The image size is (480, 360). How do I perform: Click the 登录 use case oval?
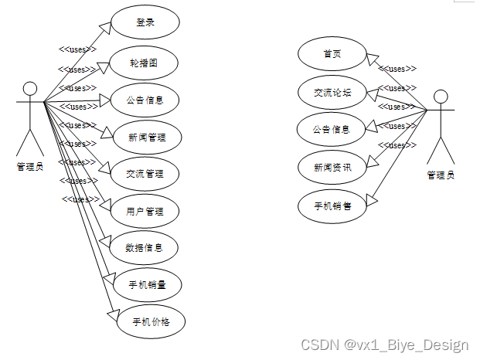[x=145, y=22]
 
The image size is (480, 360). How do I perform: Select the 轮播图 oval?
[x=145, y=63]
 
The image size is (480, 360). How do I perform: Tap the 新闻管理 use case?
[x=145, y=137]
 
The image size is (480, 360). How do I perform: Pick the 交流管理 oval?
[x=145, y=174]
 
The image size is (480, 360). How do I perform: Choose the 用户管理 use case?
[x=145, y=211]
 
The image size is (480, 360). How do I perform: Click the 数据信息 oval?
[x=145, y=248]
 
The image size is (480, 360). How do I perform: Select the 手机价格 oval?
[x=150, y=321]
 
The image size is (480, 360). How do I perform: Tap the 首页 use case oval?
[x=332, y=53]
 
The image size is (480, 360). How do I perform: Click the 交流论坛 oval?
[x=332, y=92]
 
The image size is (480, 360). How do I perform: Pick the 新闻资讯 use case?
[x=332, y=167]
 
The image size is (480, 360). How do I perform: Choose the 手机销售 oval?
[x=332, y=205]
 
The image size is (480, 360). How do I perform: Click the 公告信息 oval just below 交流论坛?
[x=332, y=129]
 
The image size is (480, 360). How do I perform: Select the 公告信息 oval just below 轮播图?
[x=145, y=100]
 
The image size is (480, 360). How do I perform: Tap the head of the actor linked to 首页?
[x=441, y=97]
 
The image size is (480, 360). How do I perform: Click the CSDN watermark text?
[x=384, y=345]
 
